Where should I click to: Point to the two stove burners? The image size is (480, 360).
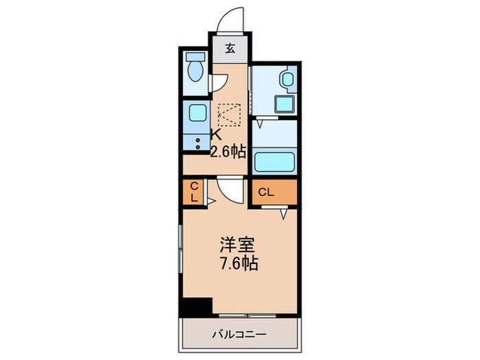[197, 143]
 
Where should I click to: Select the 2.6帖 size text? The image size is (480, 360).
[228, 152]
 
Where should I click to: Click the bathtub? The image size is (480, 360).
[275, 162]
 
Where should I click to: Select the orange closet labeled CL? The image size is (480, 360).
[274, 192]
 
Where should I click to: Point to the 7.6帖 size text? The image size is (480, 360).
[239, 264]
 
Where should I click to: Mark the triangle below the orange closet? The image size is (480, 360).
[283, 215]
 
